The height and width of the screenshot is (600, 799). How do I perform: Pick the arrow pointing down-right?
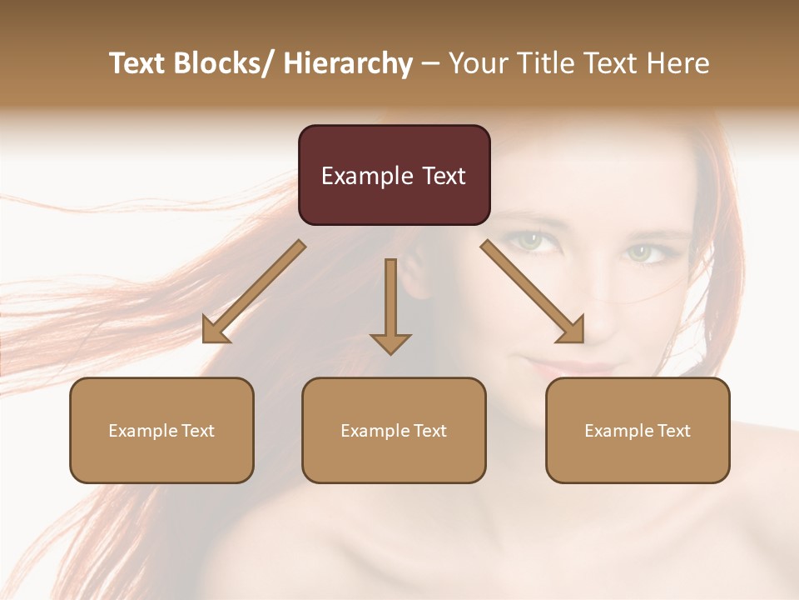pos(533,292)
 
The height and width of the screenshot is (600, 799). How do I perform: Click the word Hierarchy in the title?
pos(347,63)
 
